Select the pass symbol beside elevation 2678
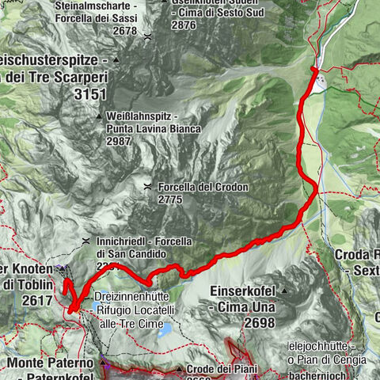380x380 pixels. coord(147,36)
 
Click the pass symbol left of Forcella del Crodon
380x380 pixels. coord(148,188)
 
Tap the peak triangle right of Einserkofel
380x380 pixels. coord(283,291)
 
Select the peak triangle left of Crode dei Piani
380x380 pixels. coord(179,370)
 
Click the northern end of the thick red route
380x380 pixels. coord(313,70)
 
